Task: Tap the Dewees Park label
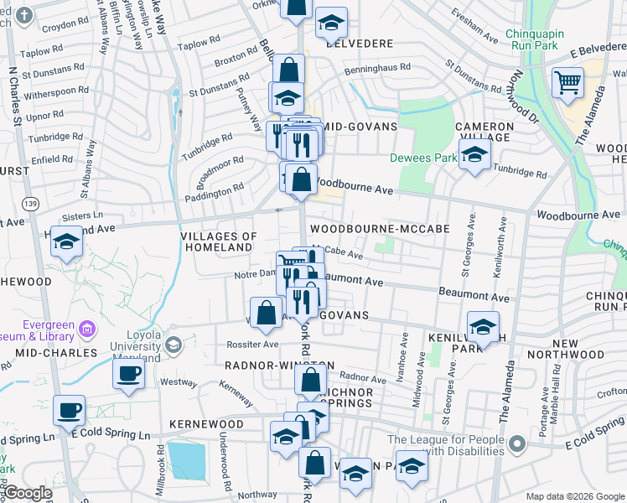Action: pyautogui.click(x=423, y=158)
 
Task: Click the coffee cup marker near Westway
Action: pyautogui.click(x=129, y=374)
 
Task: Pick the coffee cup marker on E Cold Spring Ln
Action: pyautogui.click(x=70, y=411)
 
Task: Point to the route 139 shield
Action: pyautogui.click(x=31, y=204)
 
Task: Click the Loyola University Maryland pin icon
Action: pyautogui.click(x=173, y=345)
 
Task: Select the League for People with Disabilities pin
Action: pyautogui.click(x=517, y=443)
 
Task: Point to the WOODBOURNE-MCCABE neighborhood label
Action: pyautogui.click(x=380, y=228)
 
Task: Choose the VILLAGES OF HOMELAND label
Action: pyautogui.click(x=218, y=242)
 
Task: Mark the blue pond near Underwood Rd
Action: pyautogui.click(x=189, y=458)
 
